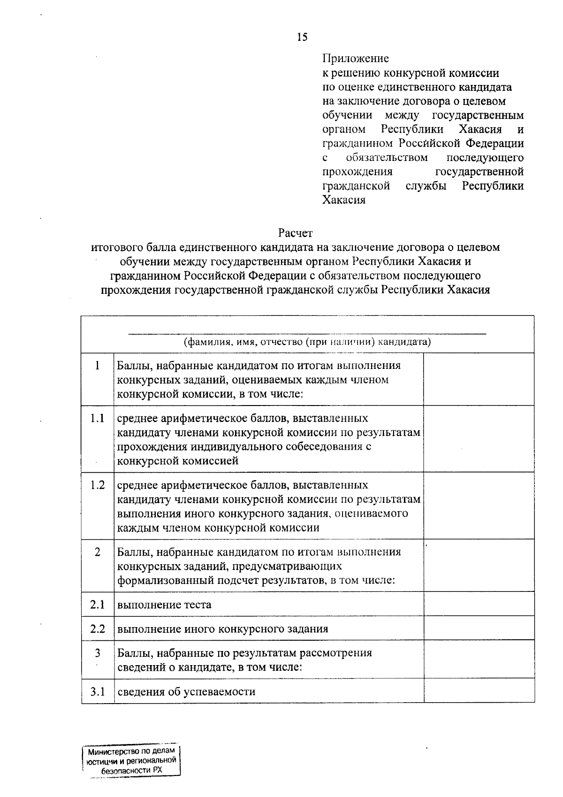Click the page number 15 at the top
click(x=302, y=38)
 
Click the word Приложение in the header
click(x=356, y=59)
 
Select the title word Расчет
click(x=295, y=233)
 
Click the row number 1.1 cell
click(x=98, y=418)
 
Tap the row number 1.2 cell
click(x=98, y=485)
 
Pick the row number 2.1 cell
click(x=98, y=604)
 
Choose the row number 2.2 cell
click(x=98, y=628)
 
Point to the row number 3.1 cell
click(x=98, y=691)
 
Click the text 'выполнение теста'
click(x=164, y=605)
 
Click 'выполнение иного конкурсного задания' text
click(x=222, y=629)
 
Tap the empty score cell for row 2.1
click(x=479, y=604)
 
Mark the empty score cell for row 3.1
click(x=479, y=691)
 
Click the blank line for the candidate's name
click(x=307, y=333)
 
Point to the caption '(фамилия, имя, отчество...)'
click(x=307, y=342)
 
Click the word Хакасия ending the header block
click(x=344, y=200)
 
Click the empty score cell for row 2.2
click(x=479, y=628)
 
